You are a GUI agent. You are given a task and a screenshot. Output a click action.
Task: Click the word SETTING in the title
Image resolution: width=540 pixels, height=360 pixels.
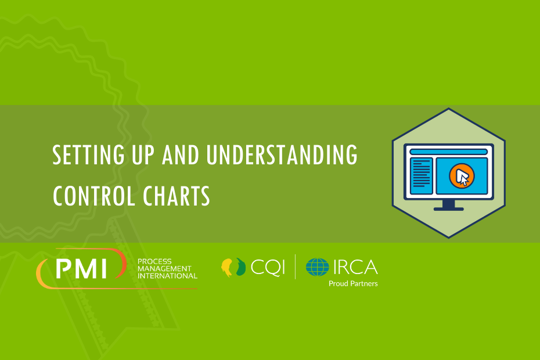click(88, 154)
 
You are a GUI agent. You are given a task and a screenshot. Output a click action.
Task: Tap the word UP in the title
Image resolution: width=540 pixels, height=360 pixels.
click(143, 154)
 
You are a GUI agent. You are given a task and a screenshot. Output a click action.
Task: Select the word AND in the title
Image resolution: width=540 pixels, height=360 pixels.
click(181, 154)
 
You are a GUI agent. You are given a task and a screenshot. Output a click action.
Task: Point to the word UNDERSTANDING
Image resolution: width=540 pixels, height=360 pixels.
click(282, 154)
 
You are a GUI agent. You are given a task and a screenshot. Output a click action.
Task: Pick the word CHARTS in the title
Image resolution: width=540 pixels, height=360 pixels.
click(177, 196)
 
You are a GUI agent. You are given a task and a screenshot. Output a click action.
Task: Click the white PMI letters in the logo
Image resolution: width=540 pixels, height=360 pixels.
click(81, 268)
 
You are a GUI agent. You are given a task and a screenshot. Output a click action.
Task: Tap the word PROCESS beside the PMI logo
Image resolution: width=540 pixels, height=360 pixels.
click(154, 261)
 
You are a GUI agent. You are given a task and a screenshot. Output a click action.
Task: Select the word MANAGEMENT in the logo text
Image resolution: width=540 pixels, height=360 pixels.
click(165, 269)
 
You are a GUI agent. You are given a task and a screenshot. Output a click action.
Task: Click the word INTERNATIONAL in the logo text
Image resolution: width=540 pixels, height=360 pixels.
click(168, 276)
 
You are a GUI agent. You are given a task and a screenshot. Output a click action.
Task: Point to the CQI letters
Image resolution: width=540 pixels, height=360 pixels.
click(268, 267)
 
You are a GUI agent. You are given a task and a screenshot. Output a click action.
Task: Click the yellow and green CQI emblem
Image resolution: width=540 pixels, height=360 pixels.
click(233, 267)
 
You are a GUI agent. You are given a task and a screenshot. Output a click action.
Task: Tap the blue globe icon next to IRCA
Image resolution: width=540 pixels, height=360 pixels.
click(318, 267)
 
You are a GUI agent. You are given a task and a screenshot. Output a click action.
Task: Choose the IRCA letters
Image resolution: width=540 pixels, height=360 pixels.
click(355, 267)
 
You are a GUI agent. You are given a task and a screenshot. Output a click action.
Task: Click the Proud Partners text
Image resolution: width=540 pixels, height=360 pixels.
click(353, 283)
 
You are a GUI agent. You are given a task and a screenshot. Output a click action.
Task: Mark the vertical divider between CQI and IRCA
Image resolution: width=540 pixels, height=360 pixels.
click(295, 267)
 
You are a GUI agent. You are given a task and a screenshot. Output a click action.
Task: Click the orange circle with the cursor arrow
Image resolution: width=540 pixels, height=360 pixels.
click(462, 176)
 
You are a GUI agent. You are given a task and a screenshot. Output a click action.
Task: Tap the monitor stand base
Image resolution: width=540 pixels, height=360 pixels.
click(448, 209)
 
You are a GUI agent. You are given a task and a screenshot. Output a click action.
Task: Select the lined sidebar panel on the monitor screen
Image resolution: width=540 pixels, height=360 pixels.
click(421, 176)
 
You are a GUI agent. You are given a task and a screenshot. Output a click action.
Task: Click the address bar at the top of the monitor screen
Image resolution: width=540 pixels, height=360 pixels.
click(448, 152)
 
